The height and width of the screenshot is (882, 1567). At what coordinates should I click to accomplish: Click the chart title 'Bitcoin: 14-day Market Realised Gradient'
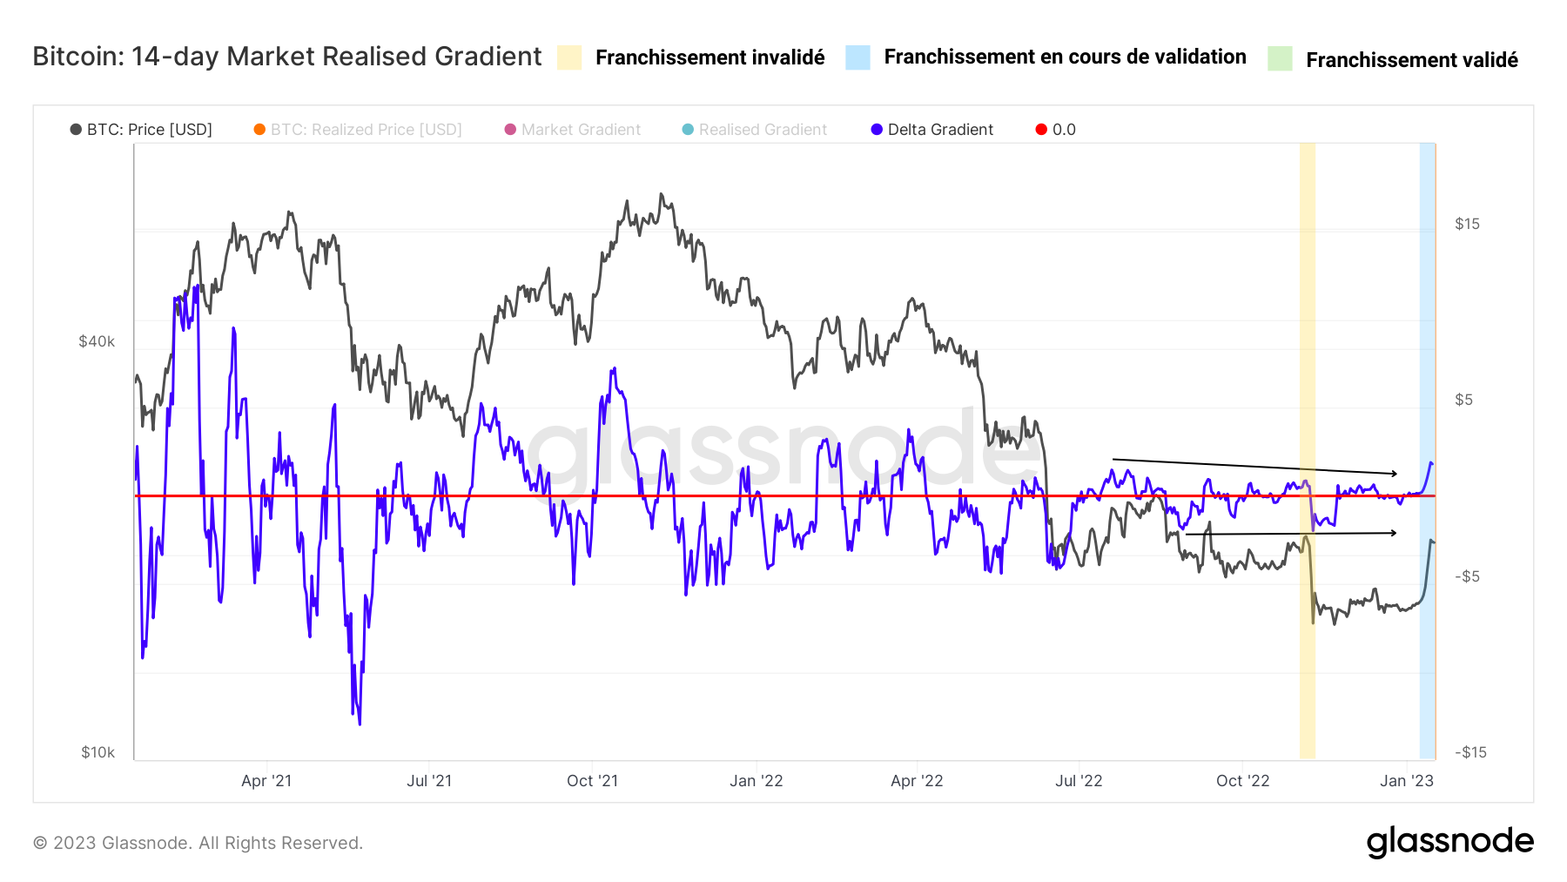(x=286, y=57)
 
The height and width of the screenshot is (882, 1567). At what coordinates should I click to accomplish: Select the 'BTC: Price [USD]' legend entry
(x=149, y=130)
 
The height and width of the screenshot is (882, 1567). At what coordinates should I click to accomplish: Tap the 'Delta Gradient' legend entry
(x=939, y=130)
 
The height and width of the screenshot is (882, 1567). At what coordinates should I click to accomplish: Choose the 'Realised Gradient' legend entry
(x=762, y=130)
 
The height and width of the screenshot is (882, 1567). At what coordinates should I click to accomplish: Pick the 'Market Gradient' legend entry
(x=580, y=130)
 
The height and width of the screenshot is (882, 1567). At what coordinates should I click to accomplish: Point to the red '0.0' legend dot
(x=1041, y=130)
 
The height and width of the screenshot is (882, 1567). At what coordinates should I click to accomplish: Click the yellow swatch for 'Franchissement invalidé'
(x=569, y=57)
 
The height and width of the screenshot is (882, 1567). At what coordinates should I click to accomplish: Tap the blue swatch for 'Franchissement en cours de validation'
(x=857, y=57)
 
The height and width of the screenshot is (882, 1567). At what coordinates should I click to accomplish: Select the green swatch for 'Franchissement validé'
(x=1280, y=58)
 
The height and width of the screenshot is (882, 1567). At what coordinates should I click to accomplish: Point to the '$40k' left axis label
(x=97, y=341)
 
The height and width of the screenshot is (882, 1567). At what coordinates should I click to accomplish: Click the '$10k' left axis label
(x=98, y=752)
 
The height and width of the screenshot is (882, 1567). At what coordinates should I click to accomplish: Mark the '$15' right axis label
(x=1467, y=224)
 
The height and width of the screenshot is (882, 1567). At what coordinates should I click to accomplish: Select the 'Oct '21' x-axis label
(x=592, y=781)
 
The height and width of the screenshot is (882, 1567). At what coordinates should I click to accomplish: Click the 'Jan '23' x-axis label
(x=1406, y=781)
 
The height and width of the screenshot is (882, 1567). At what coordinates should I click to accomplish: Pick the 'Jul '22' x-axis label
(x=1079, y=781)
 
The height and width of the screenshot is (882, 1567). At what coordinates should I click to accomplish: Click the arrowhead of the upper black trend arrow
(x=1394, y=474)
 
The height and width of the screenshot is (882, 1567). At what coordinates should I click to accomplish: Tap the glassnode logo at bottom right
(x=1449, y=842)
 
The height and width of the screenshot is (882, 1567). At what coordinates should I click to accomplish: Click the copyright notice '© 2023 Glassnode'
(x=198, y=843)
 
